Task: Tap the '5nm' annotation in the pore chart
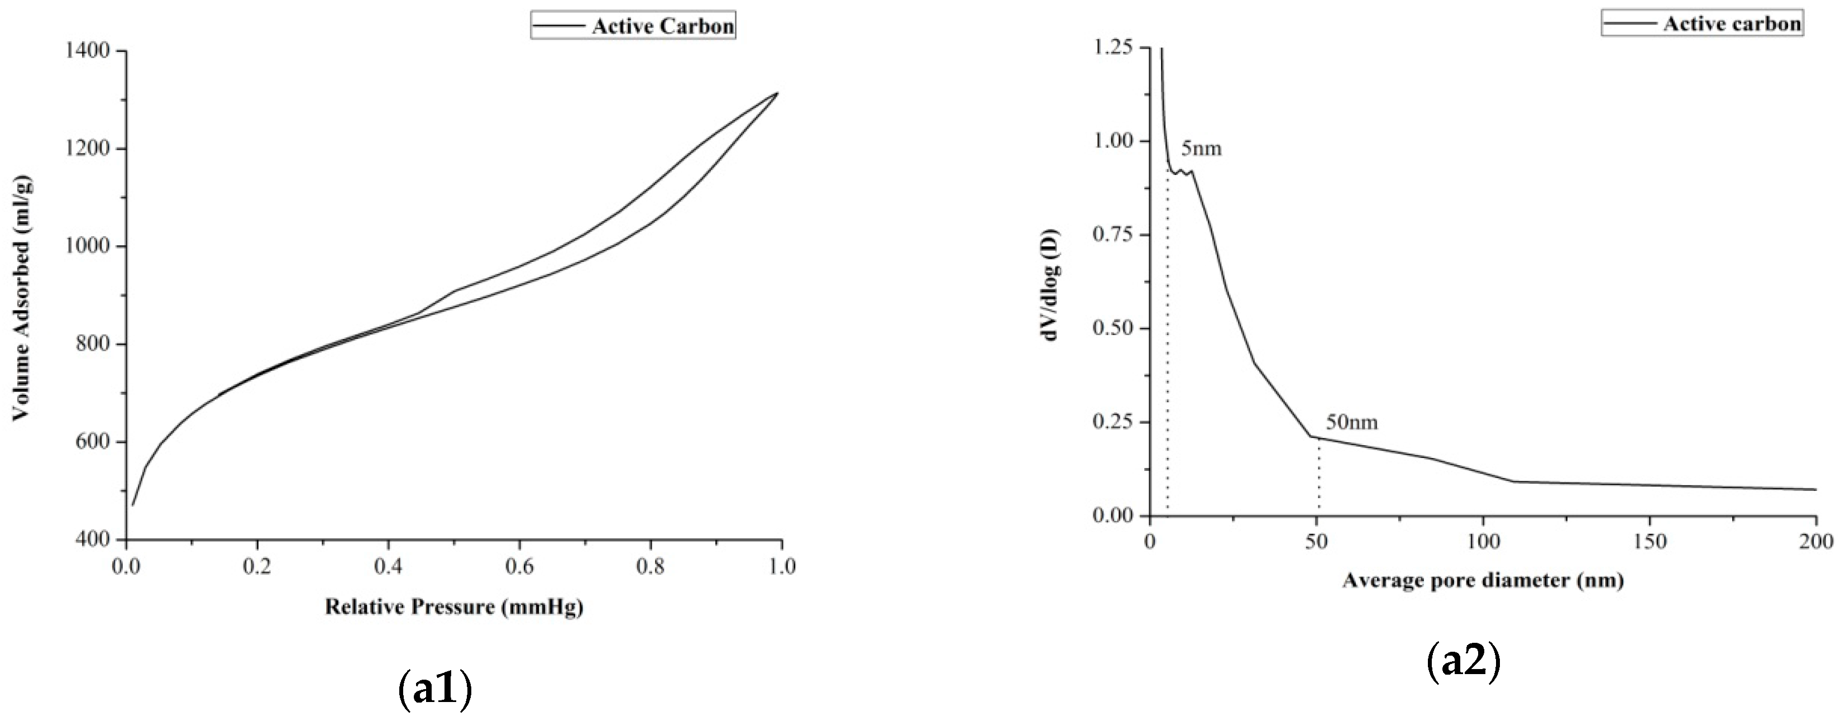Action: coord(1201,149)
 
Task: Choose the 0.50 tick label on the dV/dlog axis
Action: coord(1113,329)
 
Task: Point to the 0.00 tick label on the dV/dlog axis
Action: coord(1113,516)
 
